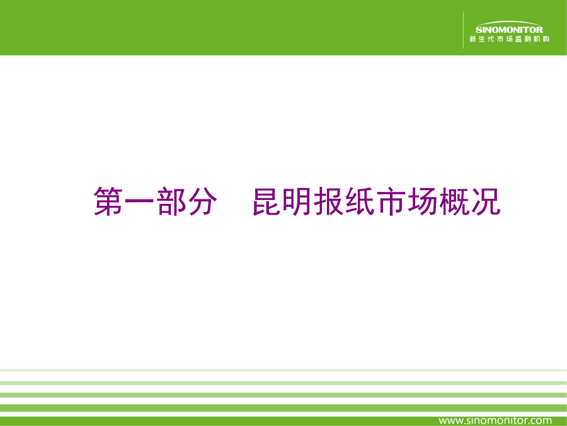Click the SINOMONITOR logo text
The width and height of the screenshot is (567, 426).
(x=509, y=30)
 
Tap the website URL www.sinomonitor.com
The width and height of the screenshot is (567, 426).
(x=495, y=420)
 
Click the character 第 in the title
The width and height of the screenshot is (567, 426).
(x=108, y=201)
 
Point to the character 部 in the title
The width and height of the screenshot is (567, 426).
(x=171, y=201)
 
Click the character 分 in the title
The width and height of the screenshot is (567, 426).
(x=202, y=201)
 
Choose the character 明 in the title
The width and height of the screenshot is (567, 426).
(x=297, y=201)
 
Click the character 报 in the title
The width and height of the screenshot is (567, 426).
(x=328, y=201)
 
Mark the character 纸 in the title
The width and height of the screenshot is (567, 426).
(x=360, y=201)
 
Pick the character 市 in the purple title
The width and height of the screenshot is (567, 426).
(x=391, y=201)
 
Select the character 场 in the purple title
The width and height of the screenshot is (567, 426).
(x=422, y=201)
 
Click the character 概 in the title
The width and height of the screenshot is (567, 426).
(x=454, y=201)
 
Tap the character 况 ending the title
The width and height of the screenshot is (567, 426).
(x=485, y=201)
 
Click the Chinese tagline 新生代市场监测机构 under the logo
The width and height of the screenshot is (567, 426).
(x=509, y=39)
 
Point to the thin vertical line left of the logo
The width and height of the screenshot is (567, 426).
(x=463, y=30)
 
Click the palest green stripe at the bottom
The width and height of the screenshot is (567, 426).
(x=283, y=370)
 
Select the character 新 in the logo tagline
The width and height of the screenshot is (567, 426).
(x=472, y=39)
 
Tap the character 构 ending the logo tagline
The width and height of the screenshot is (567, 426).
(x=546, y=39)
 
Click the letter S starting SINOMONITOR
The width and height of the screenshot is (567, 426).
(x=478, y=30)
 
